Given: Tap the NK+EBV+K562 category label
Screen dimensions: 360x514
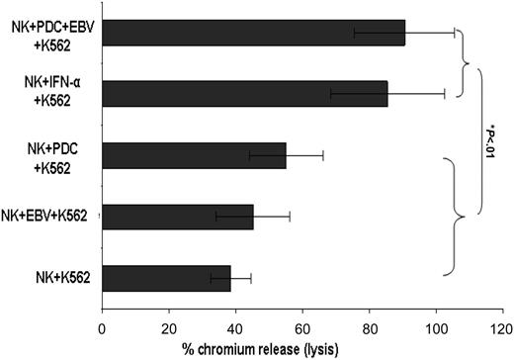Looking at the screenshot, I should tap(49, 217).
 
